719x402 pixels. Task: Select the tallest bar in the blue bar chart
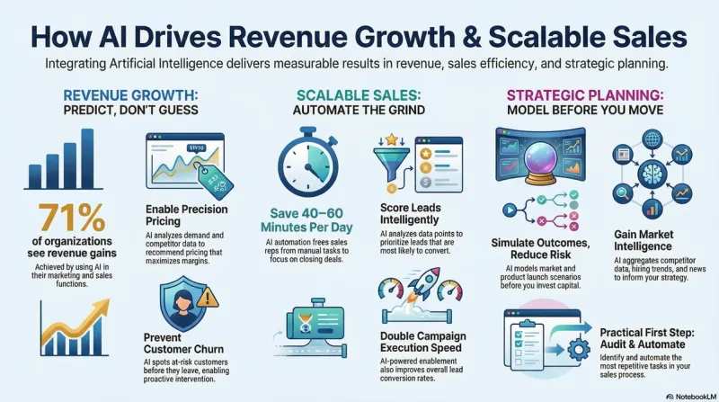click(87, 157)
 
